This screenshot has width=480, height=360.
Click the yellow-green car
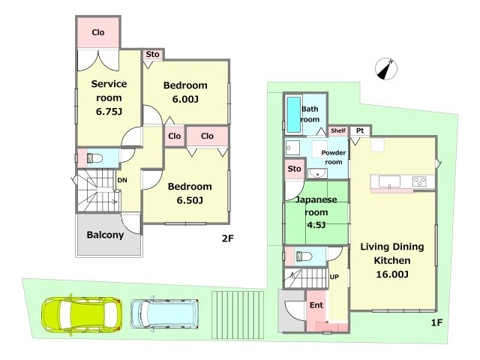pyautogui.click(x=82, y=315)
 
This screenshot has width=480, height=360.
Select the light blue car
pyautogui.click(x=165, y=313)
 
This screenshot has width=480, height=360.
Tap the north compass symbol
pyautogui.click(x=386, y=69)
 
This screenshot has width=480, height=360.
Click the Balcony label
pyautogui.click(x=105, y=235)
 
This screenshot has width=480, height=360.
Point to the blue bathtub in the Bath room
pyautogui.click(x=294, y=115)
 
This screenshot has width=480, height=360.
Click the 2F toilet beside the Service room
pyautogui.click(x=94, y=158)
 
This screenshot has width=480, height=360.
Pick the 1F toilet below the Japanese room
pyautogui.click(x=303, y=256)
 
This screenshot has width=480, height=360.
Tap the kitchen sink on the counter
pyautogui.click(x=389, y=181)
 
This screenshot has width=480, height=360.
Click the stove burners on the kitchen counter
pyautogui.click(x=419, y=181)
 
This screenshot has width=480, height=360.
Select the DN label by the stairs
pyautogui.click(x=122, y=180)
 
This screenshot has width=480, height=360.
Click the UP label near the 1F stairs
pyautogui.click(x=334, y=277)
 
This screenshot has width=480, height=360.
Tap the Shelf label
pyautogui.click(x=338, y=130)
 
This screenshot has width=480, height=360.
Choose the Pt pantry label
pyautogui.click(x=360, y=130)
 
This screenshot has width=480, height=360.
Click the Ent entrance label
pyautogui.click(x=316, y=305)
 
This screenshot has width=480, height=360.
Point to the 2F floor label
pyautogui.click(x=228, y=238)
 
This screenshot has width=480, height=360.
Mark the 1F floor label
pyautogui.click(x=436, y=322)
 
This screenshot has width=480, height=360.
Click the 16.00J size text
pyautogui.click(x=392, y=274)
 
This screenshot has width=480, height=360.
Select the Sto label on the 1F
pyautogui.click(x=294, y=169)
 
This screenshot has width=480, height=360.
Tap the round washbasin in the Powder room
pyautogui.click(x=317, y=174)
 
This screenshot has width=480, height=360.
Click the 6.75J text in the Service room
pyautogui.click(x=109, y=112)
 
